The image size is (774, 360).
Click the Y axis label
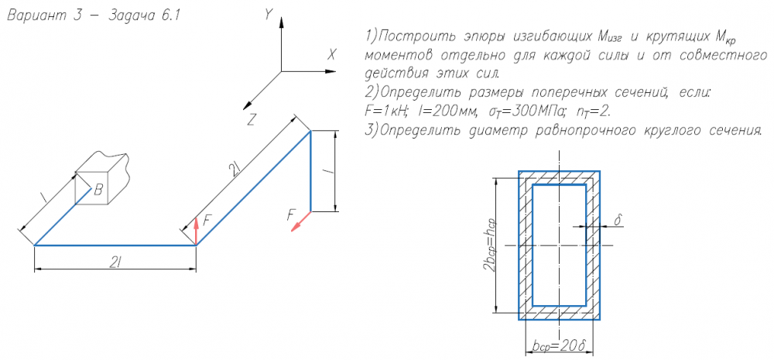point(269,15)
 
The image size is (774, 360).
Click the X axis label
point(332,55)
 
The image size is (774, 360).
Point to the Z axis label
point(252,120)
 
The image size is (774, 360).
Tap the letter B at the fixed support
point(99,190)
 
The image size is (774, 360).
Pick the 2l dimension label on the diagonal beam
point(235,170)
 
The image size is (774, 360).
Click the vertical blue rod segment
point(310,171)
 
